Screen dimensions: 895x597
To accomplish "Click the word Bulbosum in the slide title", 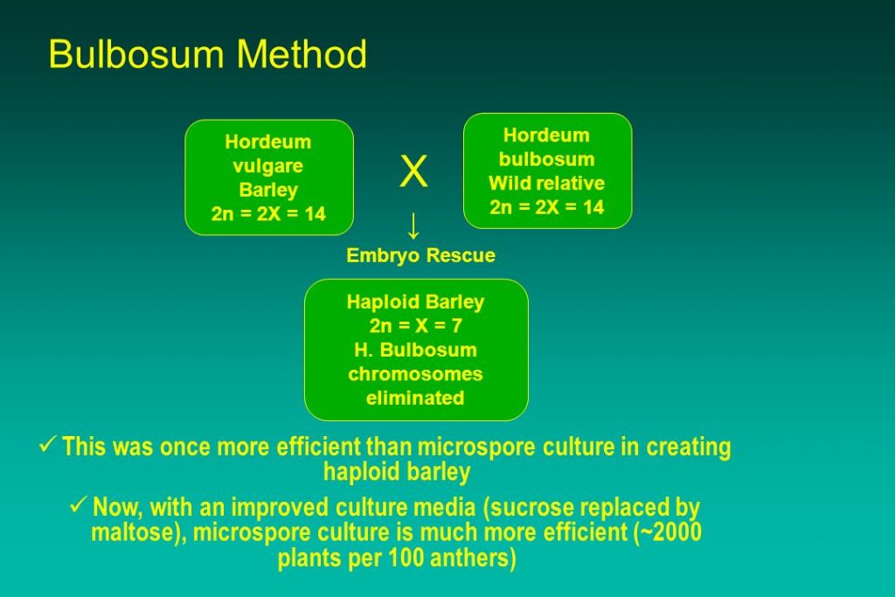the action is (137, 53).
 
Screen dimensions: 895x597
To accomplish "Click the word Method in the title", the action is (302, 53).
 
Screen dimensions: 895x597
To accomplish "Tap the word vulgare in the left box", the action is (267, 167).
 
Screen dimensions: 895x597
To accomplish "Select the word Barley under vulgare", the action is (268, 190).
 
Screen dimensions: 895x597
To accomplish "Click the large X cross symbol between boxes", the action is (413, 171).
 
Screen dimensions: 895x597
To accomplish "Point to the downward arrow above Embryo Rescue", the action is (413, 226).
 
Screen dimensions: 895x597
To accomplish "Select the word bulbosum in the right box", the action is (547, 159).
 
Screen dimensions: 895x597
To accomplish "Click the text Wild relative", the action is (546, 184).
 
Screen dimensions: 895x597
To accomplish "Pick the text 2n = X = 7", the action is (415, 326).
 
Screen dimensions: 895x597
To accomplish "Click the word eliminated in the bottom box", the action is (415, 398).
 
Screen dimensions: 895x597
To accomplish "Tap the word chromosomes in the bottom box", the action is (415, 374).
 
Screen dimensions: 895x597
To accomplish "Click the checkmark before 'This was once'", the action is (47, 444).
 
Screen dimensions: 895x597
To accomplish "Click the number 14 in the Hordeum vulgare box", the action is (315, 214).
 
